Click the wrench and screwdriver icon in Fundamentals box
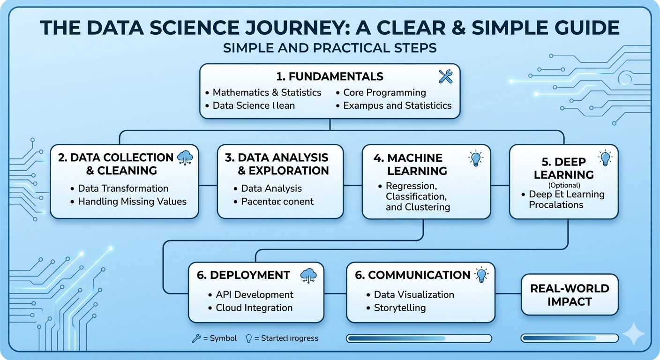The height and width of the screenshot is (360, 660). pyautogui.click(x=445, y=76)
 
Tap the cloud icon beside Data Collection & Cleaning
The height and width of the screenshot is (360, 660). pyautogui.click(x=186, y=158)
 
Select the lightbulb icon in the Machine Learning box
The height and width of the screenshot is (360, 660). pyautogui.click(x=475, y=158)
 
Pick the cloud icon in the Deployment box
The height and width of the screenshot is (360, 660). pyautogui.click(x=308, y=275)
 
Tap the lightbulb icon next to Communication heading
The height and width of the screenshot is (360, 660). pyautogui.click(x=481, y=275)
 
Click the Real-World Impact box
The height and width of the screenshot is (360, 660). pyautogui.click(x=570, y=295)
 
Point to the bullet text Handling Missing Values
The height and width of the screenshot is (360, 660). pyautogui.click(x=132, y=202)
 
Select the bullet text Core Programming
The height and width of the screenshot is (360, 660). pyautogui.click(x=384, y=92)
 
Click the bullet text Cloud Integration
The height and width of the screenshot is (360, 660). pyautogui.click(x=254, y=308)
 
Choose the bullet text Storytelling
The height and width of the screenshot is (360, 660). pyautogui.click(x=400, y=308)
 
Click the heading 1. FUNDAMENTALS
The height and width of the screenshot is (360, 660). pyautogui.click(x=330, y=76)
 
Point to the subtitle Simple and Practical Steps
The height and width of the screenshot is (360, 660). pyautogui.click(x=330, y=48)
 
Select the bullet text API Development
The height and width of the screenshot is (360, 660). pyautogui.click(x=255, y=294)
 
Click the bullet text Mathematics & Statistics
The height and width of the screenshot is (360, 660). pyautogui.click(x=267, y=92)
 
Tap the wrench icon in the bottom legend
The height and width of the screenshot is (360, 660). pyautogui.click(x=196, y=338)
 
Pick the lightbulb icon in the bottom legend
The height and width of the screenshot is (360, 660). pyautogui.click(x=249, y=338)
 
